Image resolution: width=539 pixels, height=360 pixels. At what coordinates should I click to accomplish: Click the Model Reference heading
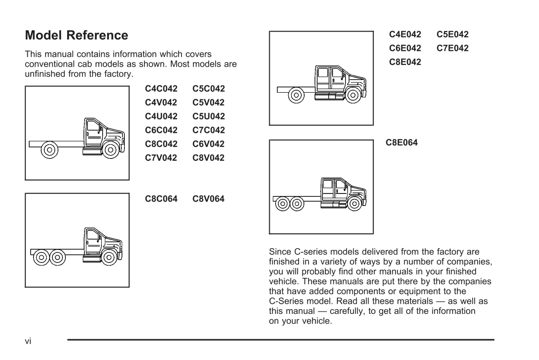[76, 35]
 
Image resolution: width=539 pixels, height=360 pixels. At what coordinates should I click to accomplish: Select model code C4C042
[161, 89]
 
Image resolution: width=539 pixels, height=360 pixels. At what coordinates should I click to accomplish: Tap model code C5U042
[209, 116]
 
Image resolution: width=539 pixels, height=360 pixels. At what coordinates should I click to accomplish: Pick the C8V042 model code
[208, 158]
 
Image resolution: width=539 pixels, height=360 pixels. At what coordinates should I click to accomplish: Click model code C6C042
[161, 130]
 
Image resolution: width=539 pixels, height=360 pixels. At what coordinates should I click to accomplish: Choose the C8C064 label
[161, 199]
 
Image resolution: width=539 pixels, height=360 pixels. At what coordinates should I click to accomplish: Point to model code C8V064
[208, 199]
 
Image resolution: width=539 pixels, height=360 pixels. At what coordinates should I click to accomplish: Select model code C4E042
[405, 35]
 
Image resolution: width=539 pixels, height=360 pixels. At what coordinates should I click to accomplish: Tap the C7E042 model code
[453, 48]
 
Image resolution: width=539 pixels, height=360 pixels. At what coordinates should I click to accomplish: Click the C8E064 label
[402, 143]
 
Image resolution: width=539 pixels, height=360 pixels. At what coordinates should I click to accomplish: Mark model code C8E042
[405, 62]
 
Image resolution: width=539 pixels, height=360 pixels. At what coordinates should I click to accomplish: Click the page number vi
[28, 341]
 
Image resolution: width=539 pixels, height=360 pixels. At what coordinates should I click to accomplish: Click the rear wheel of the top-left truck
[49, 150]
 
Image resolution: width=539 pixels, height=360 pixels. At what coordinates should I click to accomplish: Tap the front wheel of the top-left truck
[111, 150]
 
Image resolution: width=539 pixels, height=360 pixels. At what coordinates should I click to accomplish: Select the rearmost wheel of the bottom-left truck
[42, 257]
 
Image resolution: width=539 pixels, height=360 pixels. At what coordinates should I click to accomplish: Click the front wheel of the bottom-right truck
[354, 204]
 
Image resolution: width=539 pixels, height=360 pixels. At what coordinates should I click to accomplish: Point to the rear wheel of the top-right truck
[296, 95]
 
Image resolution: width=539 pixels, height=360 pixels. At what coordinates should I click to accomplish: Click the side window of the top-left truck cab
[93, 125]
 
